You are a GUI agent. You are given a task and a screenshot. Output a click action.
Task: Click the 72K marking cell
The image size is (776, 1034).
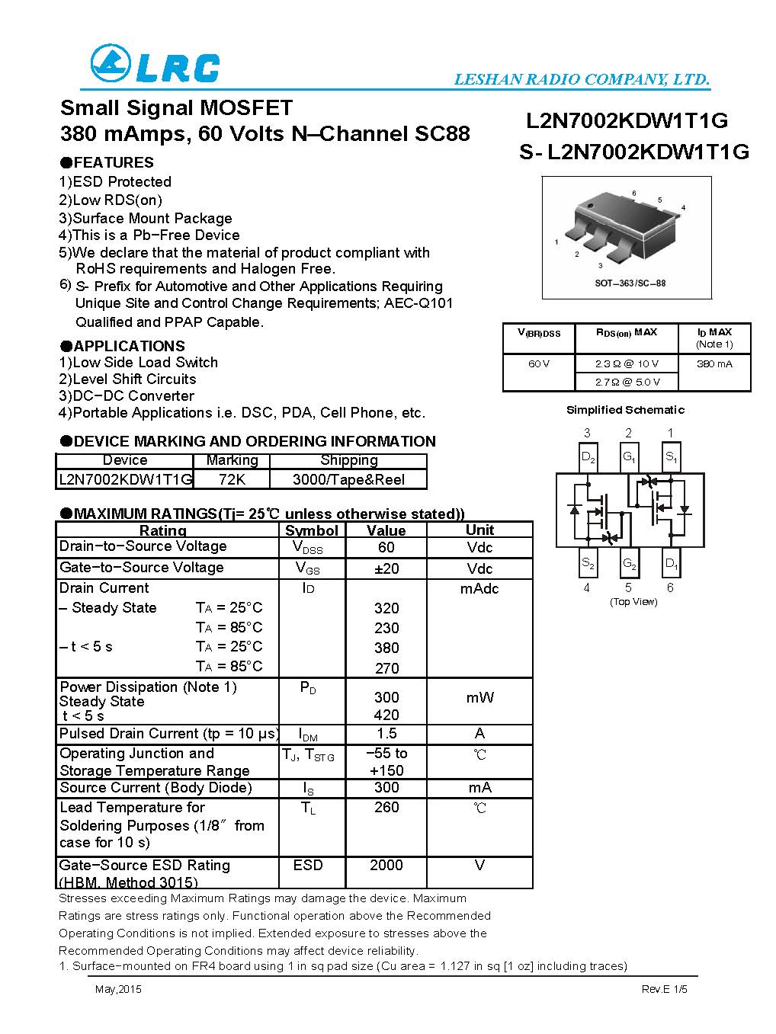pos(232,479)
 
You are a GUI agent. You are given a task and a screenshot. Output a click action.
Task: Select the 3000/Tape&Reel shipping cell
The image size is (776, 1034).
pos(348,479)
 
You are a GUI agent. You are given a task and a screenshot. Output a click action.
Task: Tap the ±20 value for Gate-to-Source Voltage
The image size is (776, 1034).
pos(386,568)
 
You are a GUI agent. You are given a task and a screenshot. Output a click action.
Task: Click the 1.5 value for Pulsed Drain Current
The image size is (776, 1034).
pos(386,733)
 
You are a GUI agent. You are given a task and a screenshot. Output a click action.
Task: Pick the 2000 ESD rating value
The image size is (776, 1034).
pos(386,865)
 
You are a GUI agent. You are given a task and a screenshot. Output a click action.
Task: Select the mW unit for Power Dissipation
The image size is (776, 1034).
pos(479,697)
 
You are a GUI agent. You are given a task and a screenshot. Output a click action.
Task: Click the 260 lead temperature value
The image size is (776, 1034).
pos(386,807)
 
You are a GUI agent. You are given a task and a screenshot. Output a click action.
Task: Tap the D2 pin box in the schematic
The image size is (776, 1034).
pos(588,457)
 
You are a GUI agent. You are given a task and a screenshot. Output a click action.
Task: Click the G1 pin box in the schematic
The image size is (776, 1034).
pos(629,457)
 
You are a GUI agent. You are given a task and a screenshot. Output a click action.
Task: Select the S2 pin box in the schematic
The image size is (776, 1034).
pos(588,563)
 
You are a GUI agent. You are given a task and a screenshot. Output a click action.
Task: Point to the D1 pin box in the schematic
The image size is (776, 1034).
pos(671,563)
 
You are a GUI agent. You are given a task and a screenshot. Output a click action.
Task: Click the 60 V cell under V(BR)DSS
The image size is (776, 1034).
pos(538,363)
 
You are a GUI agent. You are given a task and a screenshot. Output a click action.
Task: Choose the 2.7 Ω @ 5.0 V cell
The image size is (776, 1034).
pos(627,382)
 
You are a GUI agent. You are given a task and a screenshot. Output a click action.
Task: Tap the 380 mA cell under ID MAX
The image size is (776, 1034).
pos(714,363)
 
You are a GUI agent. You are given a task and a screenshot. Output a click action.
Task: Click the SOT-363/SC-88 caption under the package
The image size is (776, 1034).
pos(630,283)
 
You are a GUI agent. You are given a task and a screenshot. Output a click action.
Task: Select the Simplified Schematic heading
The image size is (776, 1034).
pos(625,410)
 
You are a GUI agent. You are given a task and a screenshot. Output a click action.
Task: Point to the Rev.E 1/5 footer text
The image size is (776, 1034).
pos(664,990)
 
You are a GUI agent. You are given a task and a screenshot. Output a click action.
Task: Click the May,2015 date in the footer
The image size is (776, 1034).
pos(118,990)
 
